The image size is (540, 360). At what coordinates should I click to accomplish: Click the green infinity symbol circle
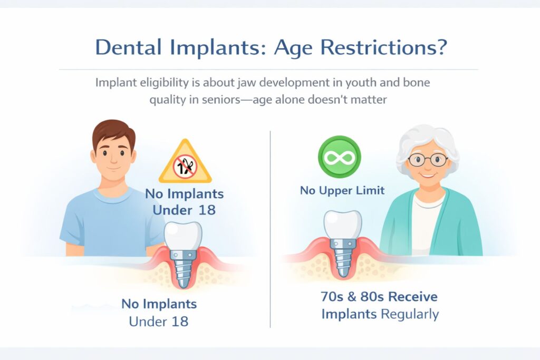pos(339,157)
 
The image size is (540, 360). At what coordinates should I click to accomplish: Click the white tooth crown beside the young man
pos(183,234)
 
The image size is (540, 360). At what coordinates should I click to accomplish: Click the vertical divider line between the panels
pos(270,227)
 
